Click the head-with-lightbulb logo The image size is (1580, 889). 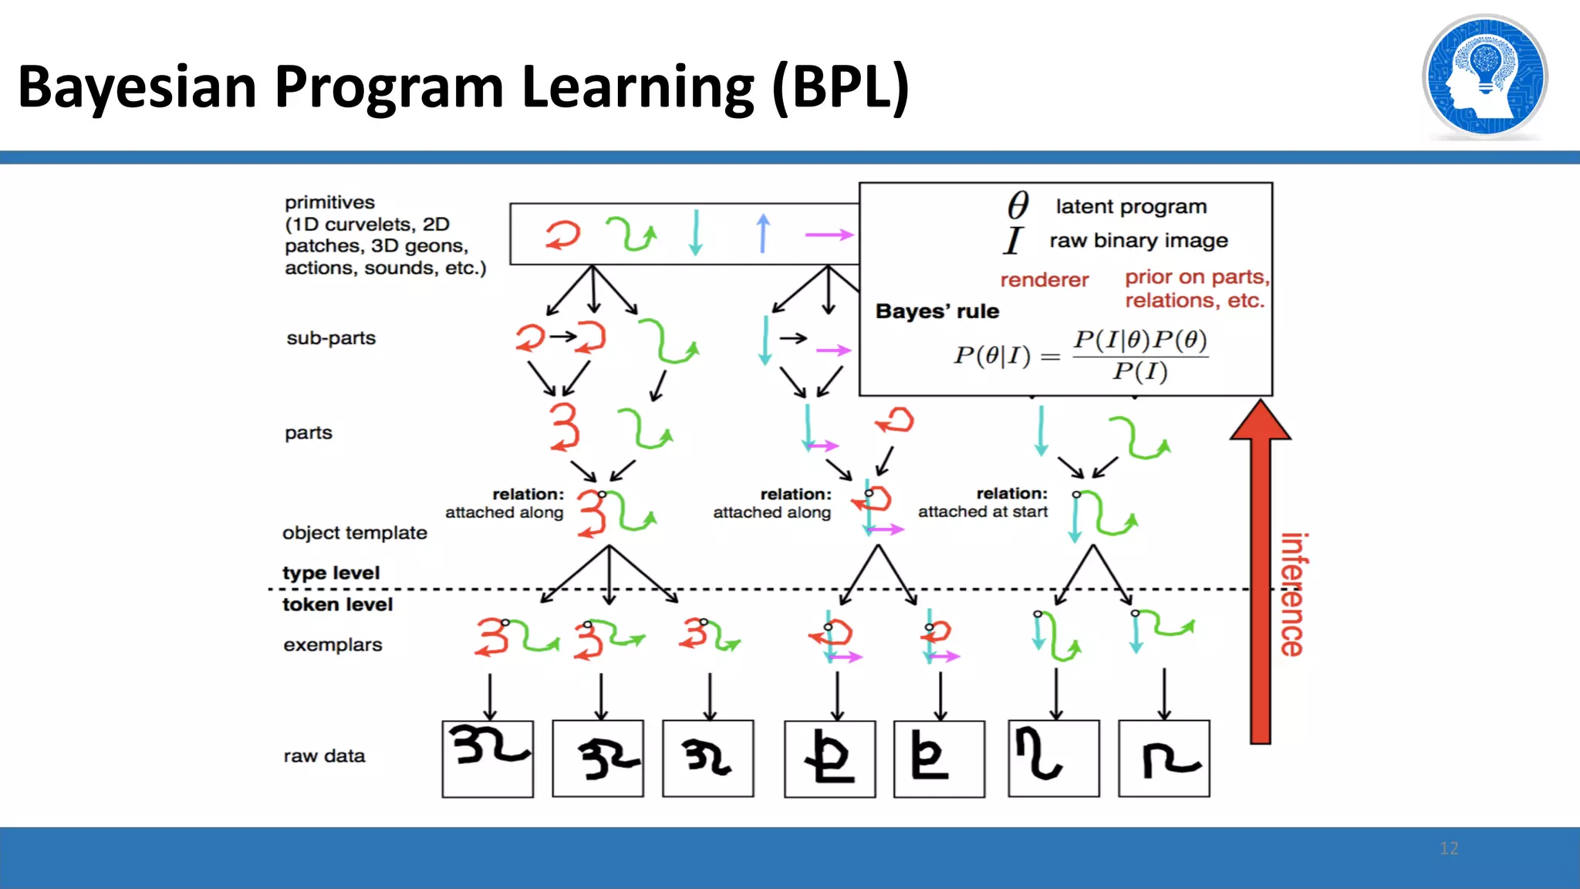[x=1484, y=77]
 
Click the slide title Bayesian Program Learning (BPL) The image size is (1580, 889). [x=463, y=86]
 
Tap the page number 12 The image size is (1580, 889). [x=1448, y=848]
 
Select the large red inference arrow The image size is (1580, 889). [x=1260, y=571]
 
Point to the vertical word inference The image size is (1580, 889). [x=1293, y=594]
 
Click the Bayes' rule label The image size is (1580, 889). [x=937, y=311]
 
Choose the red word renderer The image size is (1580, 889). [x=1044, y=279]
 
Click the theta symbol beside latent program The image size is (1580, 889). [x=1018, y=206]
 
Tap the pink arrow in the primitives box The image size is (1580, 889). [x=829, y=234]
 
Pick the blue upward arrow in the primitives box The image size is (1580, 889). [x=763, y=233]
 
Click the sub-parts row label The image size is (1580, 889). [x=331, y=338]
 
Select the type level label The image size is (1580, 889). [x=331, y=573]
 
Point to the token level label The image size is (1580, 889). [x=337, y=604]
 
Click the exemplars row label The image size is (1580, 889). [x=333, y=644]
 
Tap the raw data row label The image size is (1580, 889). [x=324, y=755]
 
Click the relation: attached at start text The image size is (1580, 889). [x=983, y=502]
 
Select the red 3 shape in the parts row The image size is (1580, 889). [x=565, y=426]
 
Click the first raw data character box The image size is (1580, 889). [x=488, y=759]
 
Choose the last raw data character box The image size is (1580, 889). [x=1163, y=759]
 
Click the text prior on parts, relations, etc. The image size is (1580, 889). [x=1196, y=289]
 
